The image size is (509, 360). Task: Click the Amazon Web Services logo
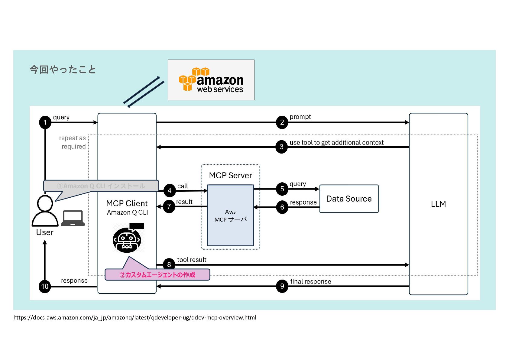211,80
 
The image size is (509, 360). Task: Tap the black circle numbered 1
45,122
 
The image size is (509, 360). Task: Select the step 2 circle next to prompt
282,122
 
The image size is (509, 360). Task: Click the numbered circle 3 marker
281,147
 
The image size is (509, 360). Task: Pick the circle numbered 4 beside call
169,190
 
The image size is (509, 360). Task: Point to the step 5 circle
282,189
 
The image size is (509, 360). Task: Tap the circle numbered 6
282,207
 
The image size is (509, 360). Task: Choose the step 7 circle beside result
169,206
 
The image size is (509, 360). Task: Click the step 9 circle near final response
282,286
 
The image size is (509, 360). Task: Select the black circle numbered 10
45,286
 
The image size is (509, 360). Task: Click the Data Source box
349,199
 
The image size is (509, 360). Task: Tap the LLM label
438,204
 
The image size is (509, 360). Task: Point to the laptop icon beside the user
73,218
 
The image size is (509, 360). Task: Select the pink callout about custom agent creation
157,274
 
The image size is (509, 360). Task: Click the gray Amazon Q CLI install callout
101,186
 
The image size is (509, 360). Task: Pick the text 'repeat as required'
73,142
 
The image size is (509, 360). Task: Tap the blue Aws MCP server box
230,215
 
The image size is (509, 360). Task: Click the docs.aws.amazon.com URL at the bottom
135,317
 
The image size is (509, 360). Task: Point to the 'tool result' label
192,260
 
